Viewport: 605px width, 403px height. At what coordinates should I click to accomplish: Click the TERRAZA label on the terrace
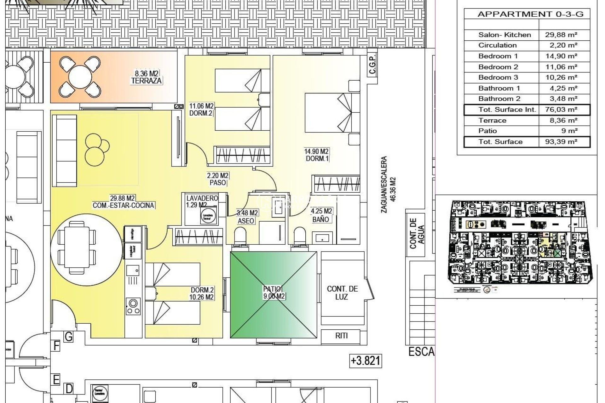click(146, 81)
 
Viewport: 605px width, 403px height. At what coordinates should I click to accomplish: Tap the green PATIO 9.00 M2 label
click(274, 292)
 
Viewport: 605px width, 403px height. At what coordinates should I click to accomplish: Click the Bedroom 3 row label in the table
click(498, 77)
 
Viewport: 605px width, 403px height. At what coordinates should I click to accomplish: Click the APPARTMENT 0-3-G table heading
click(530, 14)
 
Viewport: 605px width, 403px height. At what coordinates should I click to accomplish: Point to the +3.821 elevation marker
click(366, 360)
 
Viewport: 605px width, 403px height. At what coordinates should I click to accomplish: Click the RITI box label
click(341, 336)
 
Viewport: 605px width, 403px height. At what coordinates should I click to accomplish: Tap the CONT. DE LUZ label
click(342, 293)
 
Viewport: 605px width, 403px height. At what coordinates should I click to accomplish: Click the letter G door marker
click(68, 337)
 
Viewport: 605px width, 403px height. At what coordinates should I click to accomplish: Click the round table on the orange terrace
click(80, 77)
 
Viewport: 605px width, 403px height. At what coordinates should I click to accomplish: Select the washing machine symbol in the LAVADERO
click(208, 216)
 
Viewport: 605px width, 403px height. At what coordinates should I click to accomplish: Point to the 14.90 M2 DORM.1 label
click(316, 155)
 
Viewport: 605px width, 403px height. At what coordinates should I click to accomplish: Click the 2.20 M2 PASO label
click(218, 179)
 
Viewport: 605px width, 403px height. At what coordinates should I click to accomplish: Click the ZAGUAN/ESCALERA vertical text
click(384, 185)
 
